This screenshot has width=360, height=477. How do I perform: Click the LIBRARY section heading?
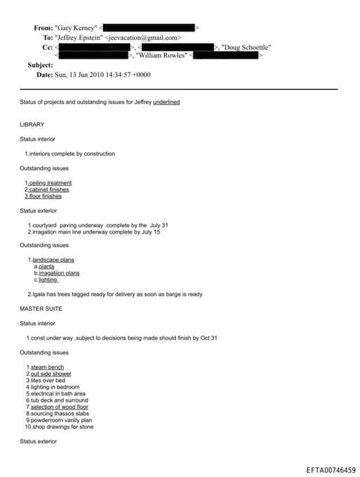[32, 125]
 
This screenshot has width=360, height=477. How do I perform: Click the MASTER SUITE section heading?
[41, 309]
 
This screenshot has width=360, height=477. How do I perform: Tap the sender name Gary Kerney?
[76, 28]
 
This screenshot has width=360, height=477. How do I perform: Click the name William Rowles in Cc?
[161, 55]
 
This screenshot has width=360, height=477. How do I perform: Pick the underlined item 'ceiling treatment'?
[50, 183]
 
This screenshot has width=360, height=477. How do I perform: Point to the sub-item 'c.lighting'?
[47, 279]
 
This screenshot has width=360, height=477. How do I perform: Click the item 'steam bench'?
[46, 367]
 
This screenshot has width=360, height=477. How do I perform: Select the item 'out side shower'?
[50, 374]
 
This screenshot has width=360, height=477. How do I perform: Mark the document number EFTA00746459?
[330, 469]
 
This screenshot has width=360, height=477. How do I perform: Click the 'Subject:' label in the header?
[40, 65]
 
